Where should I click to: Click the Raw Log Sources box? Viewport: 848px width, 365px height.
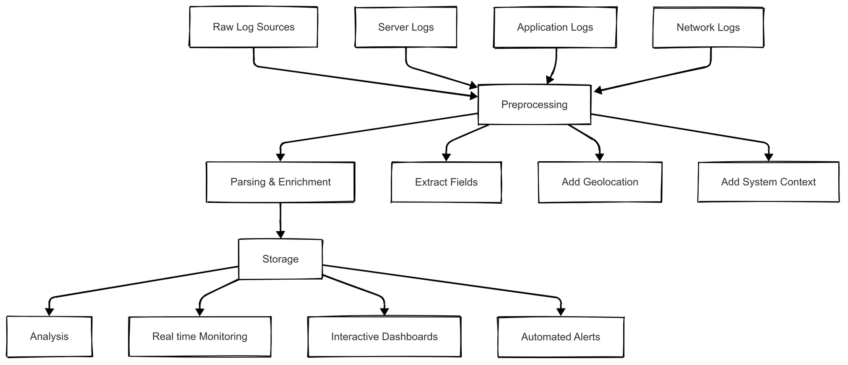coord(253,27)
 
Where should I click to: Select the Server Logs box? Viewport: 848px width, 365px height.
coord(406,27)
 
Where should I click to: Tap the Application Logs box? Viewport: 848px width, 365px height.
coord(555,27)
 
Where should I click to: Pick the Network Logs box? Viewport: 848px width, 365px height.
coord(708,27)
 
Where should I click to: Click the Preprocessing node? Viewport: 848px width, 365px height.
coord(534,105)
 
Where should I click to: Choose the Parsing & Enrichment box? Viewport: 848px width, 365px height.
coord(280,182)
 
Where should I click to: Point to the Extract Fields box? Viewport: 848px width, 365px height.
coord(446,182)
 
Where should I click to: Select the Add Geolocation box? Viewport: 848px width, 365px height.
coord(600,182)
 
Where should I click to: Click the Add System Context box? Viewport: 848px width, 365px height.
coord(768,182)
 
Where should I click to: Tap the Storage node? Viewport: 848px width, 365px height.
coord(280,259)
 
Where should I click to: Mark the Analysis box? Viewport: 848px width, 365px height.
coord(49,337)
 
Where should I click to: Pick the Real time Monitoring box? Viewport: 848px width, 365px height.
coord(200,337)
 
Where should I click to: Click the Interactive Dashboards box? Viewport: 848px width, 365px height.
coord(384,337)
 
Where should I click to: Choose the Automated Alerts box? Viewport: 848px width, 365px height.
coord(561,337)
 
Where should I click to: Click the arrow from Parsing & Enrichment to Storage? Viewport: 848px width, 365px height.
coord(280,219)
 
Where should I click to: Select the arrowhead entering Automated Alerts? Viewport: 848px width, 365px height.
coord(561,312)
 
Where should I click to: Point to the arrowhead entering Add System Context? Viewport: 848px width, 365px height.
coord(769,157)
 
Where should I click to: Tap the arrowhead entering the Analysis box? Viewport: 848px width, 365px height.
coord(50,312)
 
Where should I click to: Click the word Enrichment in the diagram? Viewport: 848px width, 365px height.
coord(304,182)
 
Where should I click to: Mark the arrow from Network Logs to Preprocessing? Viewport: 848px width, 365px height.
coord(653,79)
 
